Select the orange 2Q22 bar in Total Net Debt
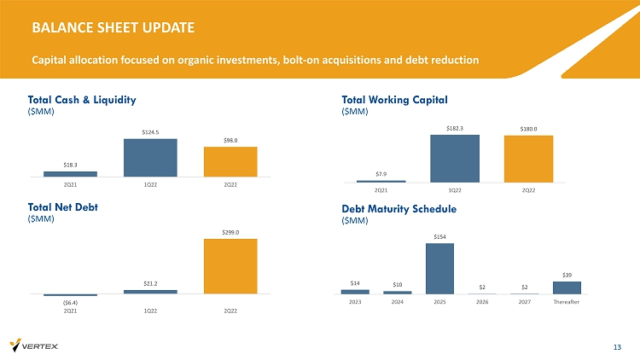click(x=230, y=266)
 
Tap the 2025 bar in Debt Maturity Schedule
click(x=439, y=269)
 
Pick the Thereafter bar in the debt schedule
click(x=567, y=287)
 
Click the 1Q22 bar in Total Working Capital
click(x=455, y=159)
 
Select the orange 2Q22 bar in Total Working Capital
click(x=528, y=160)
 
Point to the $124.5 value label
click(x=150, y=131)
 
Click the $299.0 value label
click(x=230, y=231)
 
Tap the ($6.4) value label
click(x=70, y=301)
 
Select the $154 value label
click(x=439, y=236)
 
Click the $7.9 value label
click(x=381, y=173)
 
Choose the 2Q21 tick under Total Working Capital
click(x=381, y=190)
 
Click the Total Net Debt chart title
click(x=62, y=206)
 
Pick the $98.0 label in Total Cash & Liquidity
click(x=230, y=140)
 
